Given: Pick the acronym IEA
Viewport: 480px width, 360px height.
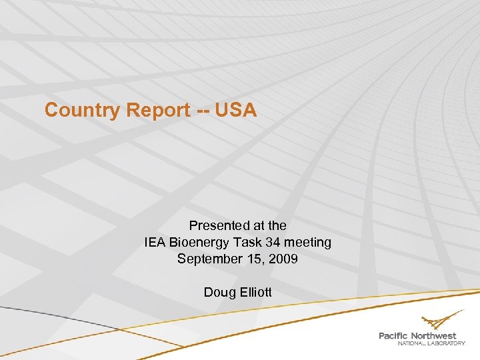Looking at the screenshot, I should (155, 242).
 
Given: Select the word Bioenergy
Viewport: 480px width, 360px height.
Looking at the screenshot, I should (199, 242).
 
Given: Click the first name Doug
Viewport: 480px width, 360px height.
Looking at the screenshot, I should (217, 292).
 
